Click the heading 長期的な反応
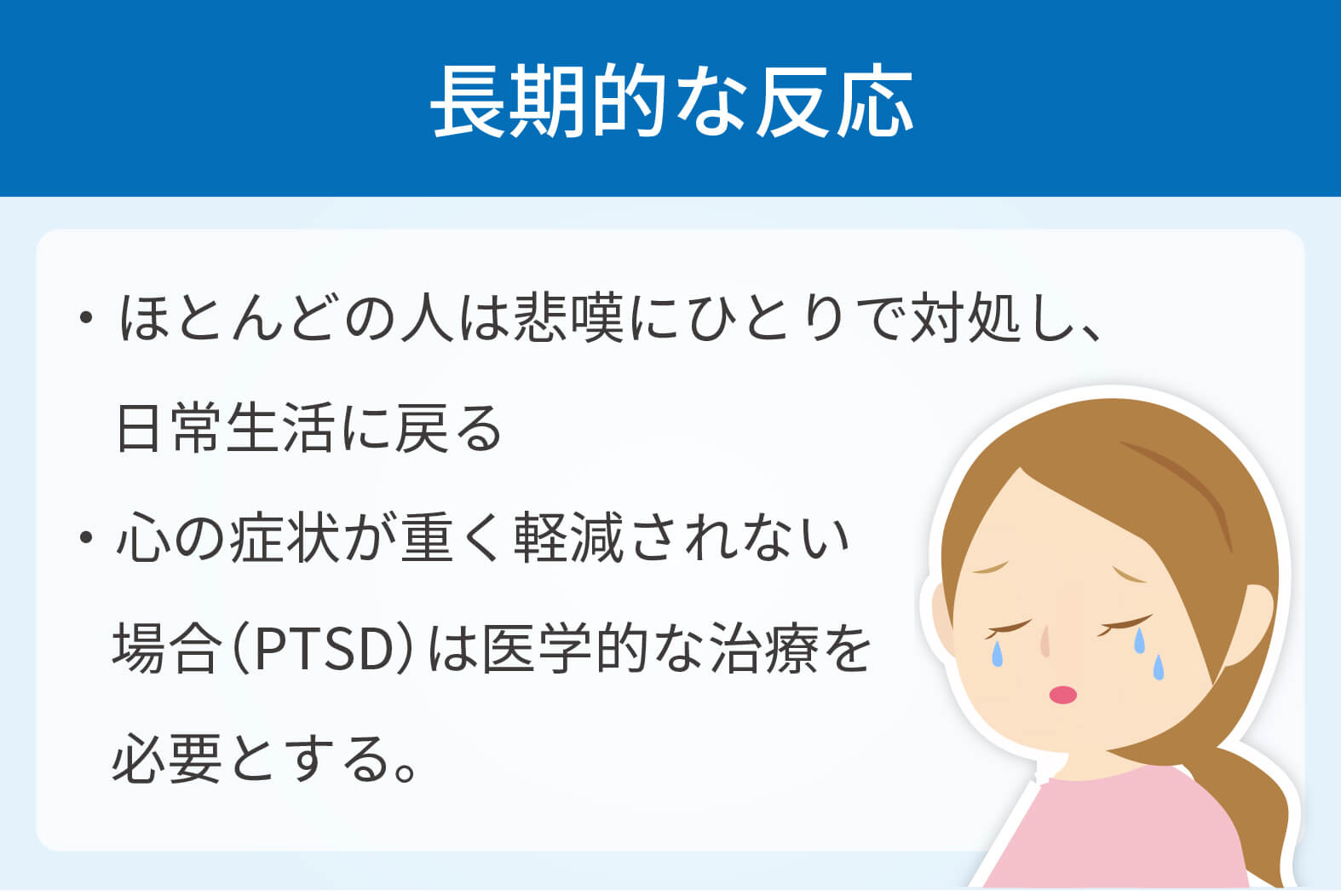(x=671, y=101)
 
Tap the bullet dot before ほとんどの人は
(x=86, y=317)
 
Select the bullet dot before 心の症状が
(x=86, y=537)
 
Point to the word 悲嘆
(x=569, y=317)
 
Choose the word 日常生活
(x=225, y=428)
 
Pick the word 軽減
(x=569, y=537)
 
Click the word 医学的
(x=565, y=650)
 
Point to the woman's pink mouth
(x=1062, y=695)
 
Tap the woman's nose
(x=1045, y=641)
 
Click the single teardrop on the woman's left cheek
(x=997, y=654)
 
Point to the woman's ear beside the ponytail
(x=1248, y=623)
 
